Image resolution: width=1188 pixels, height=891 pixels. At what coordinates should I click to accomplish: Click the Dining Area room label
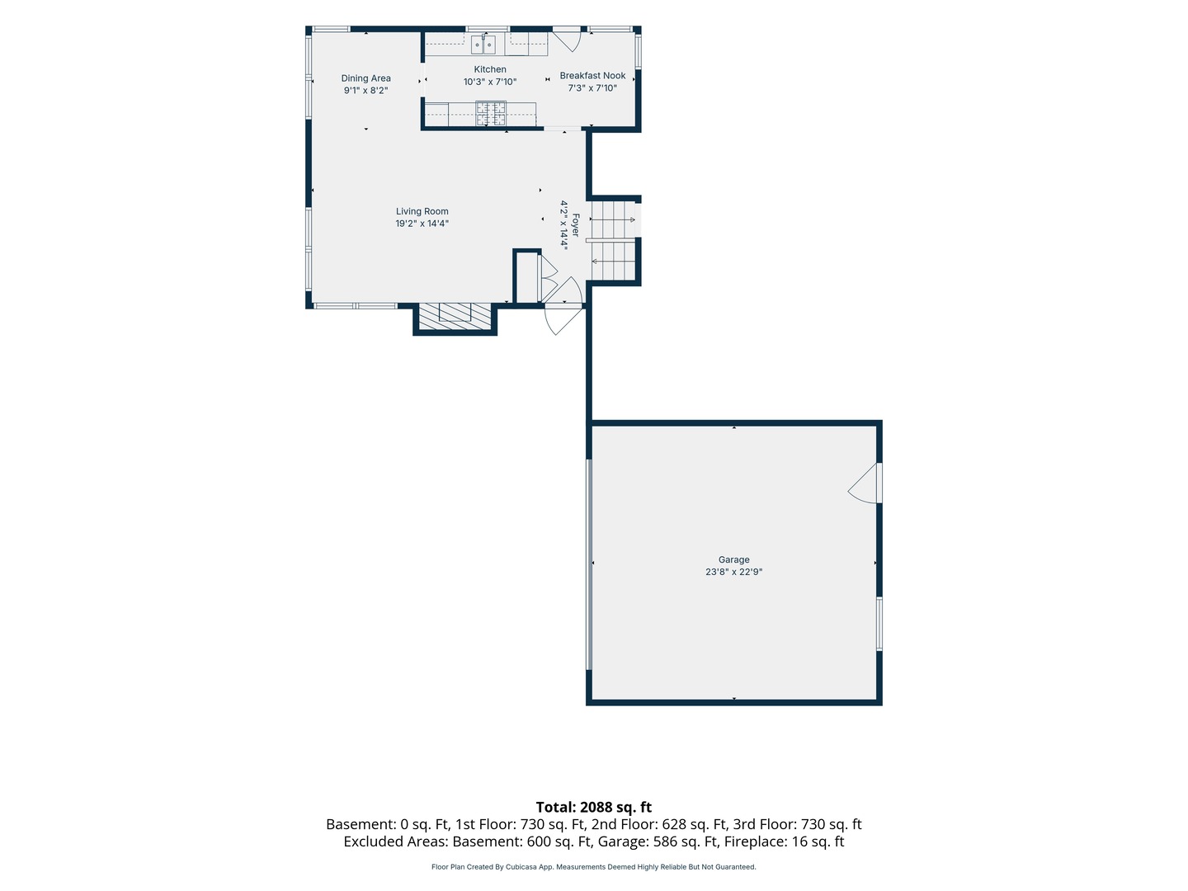(365, 78)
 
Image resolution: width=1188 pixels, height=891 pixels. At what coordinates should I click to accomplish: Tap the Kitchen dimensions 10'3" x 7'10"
(490, 82)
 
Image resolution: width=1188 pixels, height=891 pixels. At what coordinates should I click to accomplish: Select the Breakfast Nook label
(592, 76)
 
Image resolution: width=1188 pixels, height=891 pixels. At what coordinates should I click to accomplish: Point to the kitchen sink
(483, 45)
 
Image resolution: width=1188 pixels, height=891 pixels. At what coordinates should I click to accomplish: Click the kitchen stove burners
(490, 114)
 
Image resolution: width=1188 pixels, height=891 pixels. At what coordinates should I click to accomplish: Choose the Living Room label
(422, 211)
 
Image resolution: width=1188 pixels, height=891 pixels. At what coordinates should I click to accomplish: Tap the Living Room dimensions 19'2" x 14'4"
(422, 224)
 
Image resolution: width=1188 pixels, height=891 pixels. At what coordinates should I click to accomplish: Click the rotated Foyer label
(575, 224)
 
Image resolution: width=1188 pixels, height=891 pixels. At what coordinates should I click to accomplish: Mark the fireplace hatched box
(455, 316)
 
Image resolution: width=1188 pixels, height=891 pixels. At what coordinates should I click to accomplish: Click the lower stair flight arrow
(613, 262)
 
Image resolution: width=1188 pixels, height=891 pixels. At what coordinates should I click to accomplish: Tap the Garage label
(733, 559)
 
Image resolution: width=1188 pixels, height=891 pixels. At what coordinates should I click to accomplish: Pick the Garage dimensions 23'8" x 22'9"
(733, 572)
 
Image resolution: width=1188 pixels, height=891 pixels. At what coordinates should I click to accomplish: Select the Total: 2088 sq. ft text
(594, 807)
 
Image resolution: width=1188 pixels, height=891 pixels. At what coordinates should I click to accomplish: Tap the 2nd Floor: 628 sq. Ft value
(658, 824)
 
